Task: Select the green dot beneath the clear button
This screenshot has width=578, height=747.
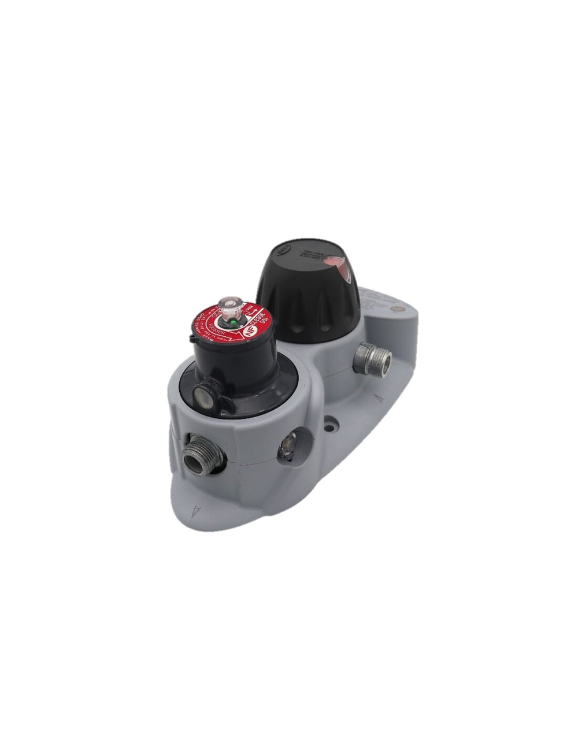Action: [x=231, y=323]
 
